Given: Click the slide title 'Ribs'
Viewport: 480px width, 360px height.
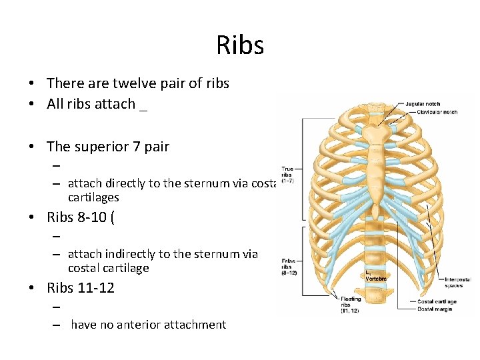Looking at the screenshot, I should click(240, 45).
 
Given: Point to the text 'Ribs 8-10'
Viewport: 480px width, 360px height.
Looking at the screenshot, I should click(77, 217).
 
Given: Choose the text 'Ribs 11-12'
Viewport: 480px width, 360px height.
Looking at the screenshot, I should click(81, 288).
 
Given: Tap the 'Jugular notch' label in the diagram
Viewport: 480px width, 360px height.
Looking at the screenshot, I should click(423, 103).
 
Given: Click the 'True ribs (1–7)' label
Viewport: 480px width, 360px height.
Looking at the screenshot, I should click(287, 175).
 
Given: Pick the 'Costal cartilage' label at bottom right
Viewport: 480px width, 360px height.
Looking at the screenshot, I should click(437, 301).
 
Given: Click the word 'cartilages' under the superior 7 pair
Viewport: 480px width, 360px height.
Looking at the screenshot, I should click(93, 197).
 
